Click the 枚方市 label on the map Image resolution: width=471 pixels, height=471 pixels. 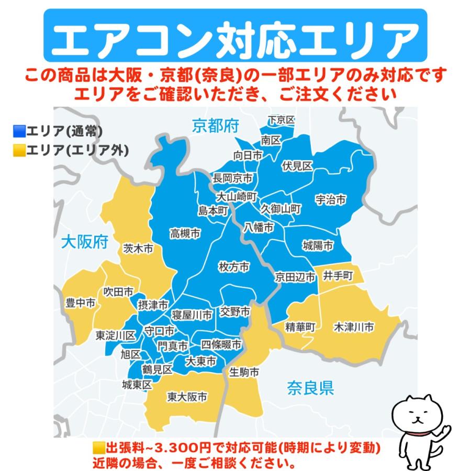[233, 267]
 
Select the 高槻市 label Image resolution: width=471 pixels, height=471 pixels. [185, 234]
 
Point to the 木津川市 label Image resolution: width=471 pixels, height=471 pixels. [354, 328]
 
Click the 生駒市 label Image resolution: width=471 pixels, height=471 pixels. [244, 373]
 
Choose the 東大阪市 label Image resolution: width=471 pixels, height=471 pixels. [187, 397]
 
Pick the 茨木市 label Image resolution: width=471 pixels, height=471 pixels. [138, 249]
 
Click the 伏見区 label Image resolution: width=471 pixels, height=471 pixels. [297, 166]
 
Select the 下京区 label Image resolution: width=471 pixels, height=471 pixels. [281, 120]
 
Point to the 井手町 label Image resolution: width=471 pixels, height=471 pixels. [337, 275]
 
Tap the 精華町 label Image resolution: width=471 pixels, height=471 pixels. [300, 328]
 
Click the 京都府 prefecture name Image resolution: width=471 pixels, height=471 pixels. [216, 126]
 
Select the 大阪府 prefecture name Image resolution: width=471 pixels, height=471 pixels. [85, 242]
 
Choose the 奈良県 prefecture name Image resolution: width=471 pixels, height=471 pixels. [310, 388]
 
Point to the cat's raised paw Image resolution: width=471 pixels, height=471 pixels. [445, 429]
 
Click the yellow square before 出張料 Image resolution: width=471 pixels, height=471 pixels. [98, 448]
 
